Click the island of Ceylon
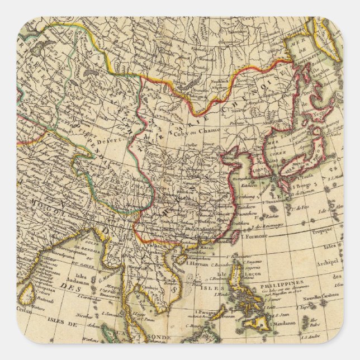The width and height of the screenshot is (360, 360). click(26, 292)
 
